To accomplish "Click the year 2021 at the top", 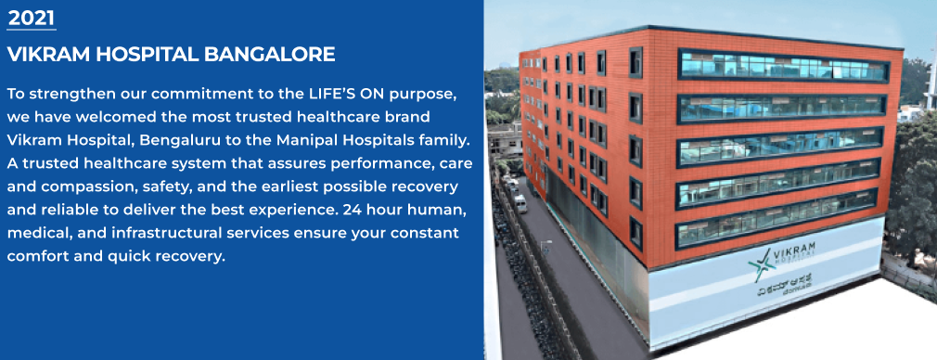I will pyautogui.click(x=32, y=16).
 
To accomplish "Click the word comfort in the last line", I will pyautogui.click(x=37, y=254).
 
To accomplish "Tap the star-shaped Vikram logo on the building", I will pyautogui.click(x=762, y=264).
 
